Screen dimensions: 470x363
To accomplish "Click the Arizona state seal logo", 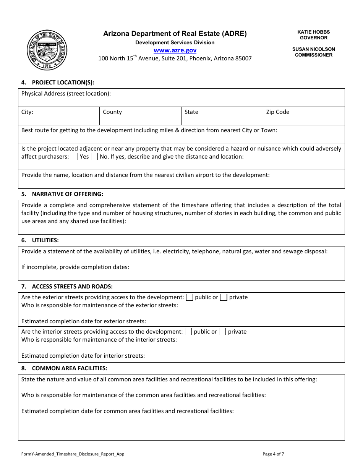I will [x=48, y=50].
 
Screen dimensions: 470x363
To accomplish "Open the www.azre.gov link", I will [x=175, y=50].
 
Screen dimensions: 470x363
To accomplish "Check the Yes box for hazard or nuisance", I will [x=75, y=157].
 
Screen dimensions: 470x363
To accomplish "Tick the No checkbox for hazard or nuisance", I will [x=94, y=157].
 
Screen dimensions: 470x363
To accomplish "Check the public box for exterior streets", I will [x=190, y=297].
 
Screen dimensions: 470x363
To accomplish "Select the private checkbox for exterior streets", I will [x=224, y=297].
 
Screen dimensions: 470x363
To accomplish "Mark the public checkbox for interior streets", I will [x=188, y=332].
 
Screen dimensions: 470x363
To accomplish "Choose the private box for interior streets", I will [x=222, y=332].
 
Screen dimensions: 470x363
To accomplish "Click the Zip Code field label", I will [x=278, y=112].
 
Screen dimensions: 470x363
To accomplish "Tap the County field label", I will [x=112, y=112].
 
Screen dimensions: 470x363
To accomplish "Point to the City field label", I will [x=27, y=112].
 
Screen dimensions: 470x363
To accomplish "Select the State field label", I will [x=191, y=112].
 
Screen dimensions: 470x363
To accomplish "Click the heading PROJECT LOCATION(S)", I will [x=63, y=82].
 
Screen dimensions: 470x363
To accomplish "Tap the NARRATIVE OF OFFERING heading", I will [x=68, y=194].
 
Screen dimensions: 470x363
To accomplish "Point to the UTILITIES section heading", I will [x=45, y=240].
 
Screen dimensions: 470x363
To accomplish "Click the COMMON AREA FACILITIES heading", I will [x=70, y=368].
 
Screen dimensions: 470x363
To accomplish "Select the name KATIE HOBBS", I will [x=314, y=32].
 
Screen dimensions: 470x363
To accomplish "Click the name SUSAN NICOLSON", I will [x=314, y=49].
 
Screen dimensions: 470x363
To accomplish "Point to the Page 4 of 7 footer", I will [x=273, y=454].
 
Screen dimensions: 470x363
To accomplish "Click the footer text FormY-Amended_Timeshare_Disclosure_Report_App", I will [x=73, y=454].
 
